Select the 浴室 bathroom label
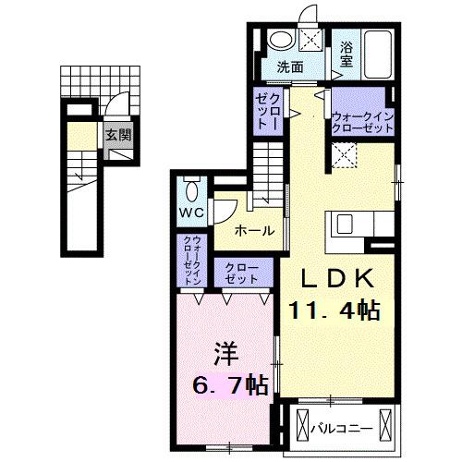[x=346, y=53]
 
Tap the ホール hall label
[x=252, y=229]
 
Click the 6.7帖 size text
[x=228, y=382]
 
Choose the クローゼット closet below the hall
[x=243, y=272]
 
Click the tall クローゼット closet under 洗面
[x=269, y=111]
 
